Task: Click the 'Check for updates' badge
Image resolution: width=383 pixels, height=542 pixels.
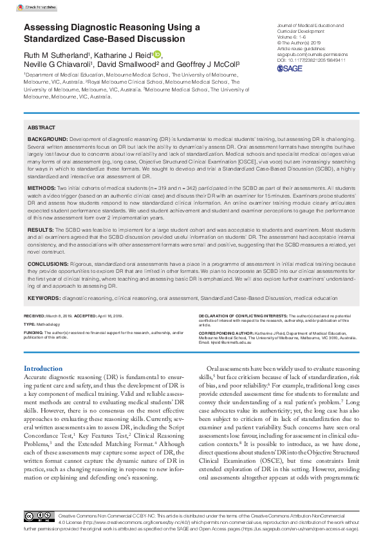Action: pos(40,8)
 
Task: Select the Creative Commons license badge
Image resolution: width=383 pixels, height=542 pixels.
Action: pos(40,517)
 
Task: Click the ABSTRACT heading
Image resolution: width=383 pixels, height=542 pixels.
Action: pos(42,128)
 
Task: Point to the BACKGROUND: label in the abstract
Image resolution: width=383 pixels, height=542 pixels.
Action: pos(47,139)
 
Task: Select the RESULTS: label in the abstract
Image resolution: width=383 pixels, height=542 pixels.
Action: pos(41,229)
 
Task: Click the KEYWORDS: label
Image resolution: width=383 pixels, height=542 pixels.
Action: pos(44,298)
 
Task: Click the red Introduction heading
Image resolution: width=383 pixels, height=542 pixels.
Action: pos(42,368)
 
